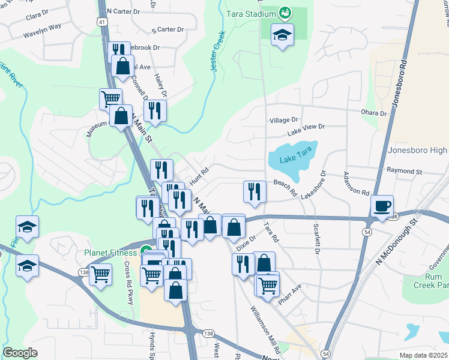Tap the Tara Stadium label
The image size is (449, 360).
[250, 13]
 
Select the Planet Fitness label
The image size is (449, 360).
[112, 252]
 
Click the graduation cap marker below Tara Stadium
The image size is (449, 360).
[282, 35]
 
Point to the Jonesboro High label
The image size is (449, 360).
[418, 150]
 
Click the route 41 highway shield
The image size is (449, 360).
[103, 22]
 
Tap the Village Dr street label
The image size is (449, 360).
[283, 121]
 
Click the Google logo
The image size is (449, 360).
[20, 353]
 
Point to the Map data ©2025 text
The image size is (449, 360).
[424, 355]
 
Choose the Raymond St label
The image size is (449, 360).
[405, 171]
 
